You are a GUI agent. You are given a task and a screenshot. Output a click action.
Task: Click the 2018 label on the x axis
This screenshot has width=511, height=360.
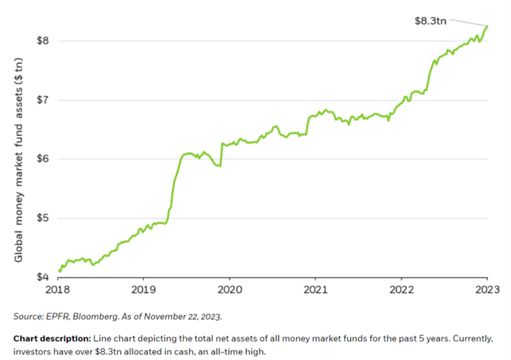(58, 288)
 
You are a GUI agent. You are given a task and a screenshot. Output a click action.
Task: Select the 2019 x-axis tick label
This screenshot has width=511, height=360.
(144, 288)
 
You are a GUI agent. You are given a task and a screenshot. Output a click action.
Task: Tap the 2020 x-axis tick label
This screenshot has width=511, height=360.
(230, 288)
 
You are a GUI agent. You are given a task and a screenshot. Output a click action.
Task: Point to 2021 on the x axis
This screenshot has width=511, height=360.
(316, 288)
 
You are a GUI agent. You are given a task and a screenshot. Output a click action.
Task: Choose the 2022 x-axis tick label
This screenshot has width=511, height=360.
(402, 288)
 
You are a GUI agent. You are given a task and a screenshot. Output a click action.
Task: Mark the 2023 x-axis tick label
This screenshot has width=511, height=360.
(488, 288)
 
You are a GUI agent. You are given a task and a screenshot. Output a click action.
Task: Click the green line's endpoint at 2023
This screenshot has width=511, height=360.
(487, 26)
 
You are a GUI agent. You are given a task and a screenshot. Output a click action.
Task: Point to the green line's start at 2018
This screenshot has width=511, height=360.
(59, 271)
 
